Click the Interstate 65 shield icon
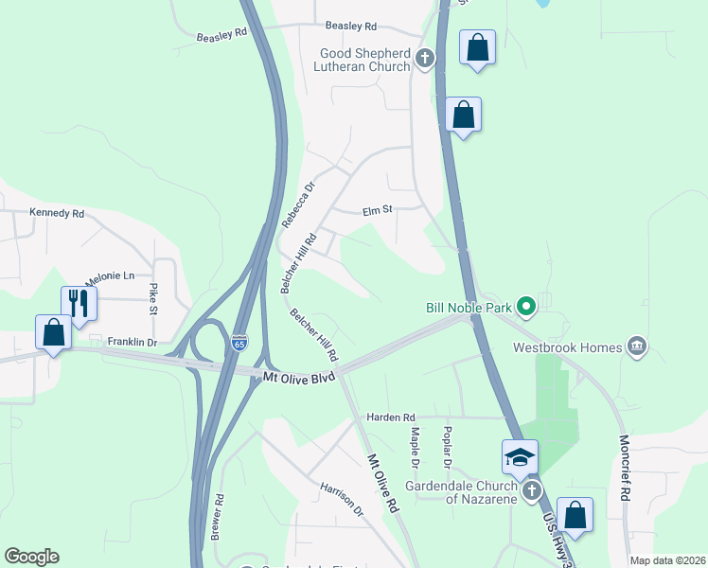coord(239,339)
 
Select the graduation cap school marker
coord(519,458)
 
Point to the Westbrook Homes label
coord(568,347)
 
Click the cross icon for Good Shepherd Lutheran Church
coord(425,60)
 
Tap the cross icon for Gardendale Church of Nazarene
coord(532,490)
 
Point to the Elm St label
coord(377,212)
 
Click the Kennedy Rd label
coord(57,213)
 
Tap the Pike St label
coord(152,297)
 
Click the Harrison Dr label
coord(342,499)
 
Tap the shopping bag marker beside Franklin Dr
coord(53,333)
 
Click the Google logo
coord(31,557)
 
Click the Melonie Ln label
coord(110,276)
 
